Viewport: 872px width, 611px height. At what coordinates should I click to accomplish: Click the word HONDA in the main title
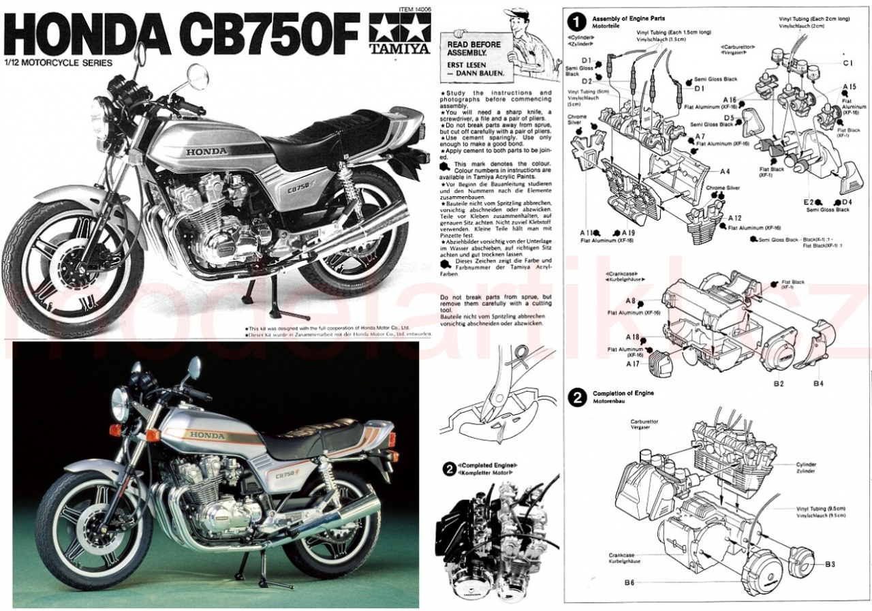click(91, 34)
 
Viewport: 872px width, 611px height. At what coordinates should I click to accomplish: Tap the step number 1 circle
click(578, 21)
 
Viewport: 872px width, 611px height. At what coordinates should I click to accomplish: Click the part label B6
click(629, 582)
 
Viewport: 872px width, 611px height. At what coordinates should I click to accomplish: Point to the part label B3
click(830, 564)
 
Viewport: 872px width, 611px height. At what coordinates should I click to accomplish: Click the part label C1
click(847, 63)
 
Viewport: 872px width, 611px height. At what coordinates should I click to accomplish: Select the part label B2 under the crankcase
click(779, 383)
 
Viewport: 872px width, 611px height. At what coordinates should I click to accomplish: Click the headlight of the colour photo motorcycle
click(121, 405)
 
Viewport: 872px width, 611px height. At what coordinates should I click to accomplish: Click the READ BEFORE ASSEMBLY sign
click(475, 58)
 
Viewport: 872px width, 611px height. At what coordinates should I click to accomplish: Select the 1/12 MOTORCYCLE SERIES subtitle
click(58, 62)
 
